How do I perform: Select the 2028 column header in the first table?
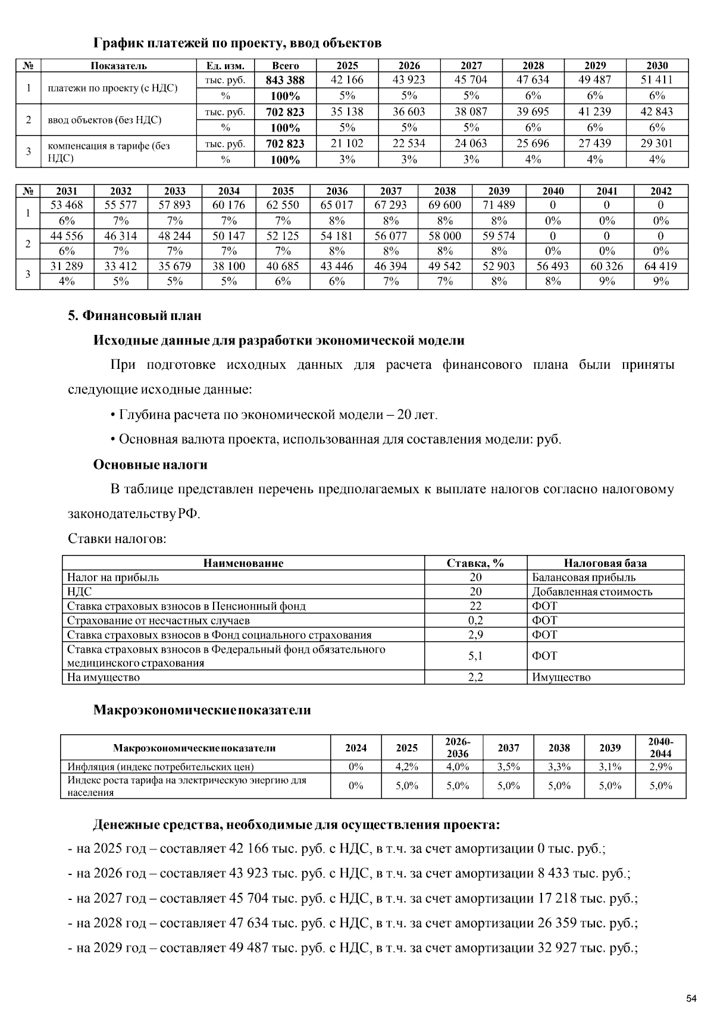coord(533,65)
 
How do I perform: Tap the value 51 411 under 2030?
coord(657,80)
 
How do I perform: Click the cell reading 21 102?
coord(347,143)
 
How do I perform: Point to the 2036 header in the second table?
coord(337,191)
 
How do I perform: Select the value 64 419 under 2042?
coord(660,266)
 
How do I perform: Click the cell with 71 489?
coord(499,205)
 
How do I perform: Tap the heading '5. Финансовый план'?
coord(134,315)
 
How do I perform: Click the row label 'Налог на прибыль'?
coord(113,578)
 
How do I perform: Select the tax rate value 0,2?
coord(475,620)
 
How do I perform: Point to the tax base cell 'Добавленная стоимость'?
coord(591,592)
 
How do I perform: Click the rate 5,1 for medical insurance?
coord(475,655)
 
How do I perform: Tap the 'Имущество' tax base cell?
coord(561,677)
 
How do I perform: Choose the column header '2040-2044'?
coord(660,748)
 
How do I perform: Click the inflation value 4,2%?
coord(407,767)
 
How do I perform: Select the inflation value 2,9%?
coord(660,767)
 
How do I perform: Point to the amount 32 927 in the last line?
coord(557,948)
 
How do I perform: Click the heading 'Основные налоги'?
coord(150,465)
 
